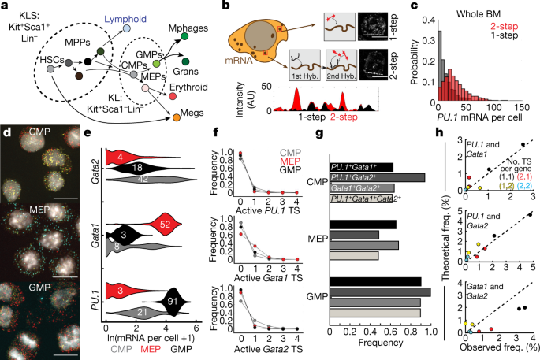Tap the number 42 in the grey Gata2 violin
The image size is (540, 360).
click(138, 179)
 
